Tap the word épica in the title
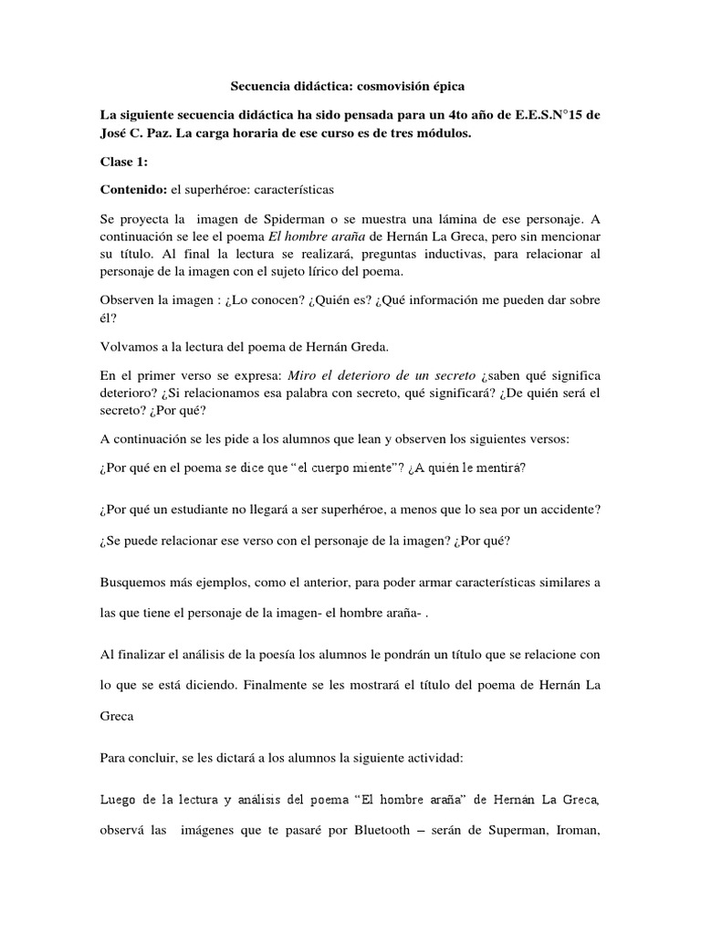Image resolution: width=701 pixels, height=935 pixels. [x=447, y=87]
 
